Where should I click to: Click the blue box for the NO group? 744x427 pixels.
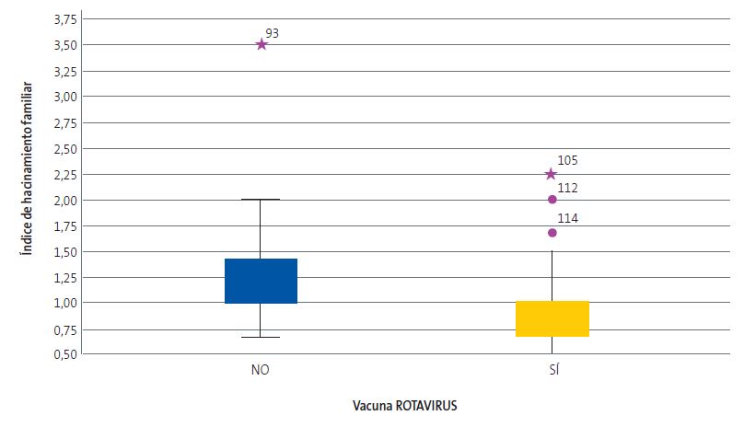coord(261,281)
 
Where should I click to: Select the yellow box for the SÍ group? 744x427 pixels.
coord(552,318)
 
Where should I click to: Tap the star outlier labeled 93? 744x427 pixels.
coord(262,44)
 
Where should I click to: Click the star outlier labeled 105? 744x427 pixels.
coord(551,174)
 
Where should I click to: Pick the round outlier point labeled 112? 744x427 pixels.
coord(552,199)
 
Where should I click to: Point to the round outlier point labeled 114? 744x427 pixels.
coord(552,233)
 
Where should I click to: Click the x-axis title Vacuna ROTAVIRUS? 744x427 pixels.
coord(404,405)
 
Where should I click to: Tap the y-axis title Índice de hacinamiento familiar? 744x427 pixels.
coord(29,184)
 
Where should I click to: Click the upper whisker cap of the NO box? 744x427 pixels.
coord(261,199)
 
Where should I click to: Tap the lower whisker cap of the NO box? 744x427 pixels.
coord(261,337)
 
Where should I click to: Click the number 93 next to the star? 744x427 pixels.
coord(272,33)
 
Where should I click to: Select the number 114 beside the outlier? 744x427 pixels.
coord(568,219)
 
